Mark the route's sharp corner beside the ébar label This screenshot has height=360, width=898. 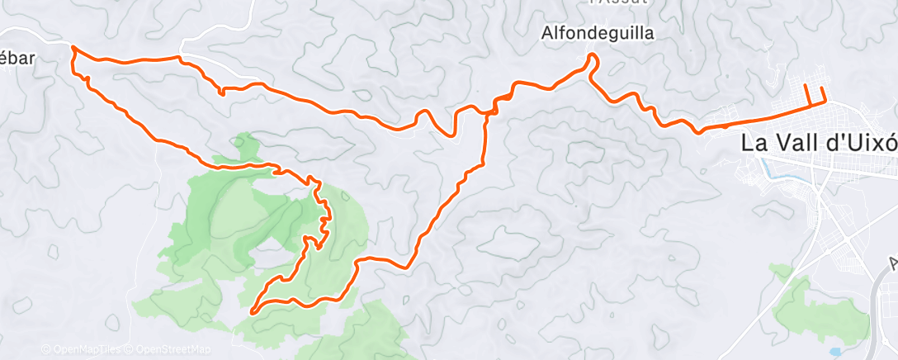tap(74, 49)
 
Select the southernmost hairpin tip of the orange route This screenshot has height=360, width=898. tap(252, 310)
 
